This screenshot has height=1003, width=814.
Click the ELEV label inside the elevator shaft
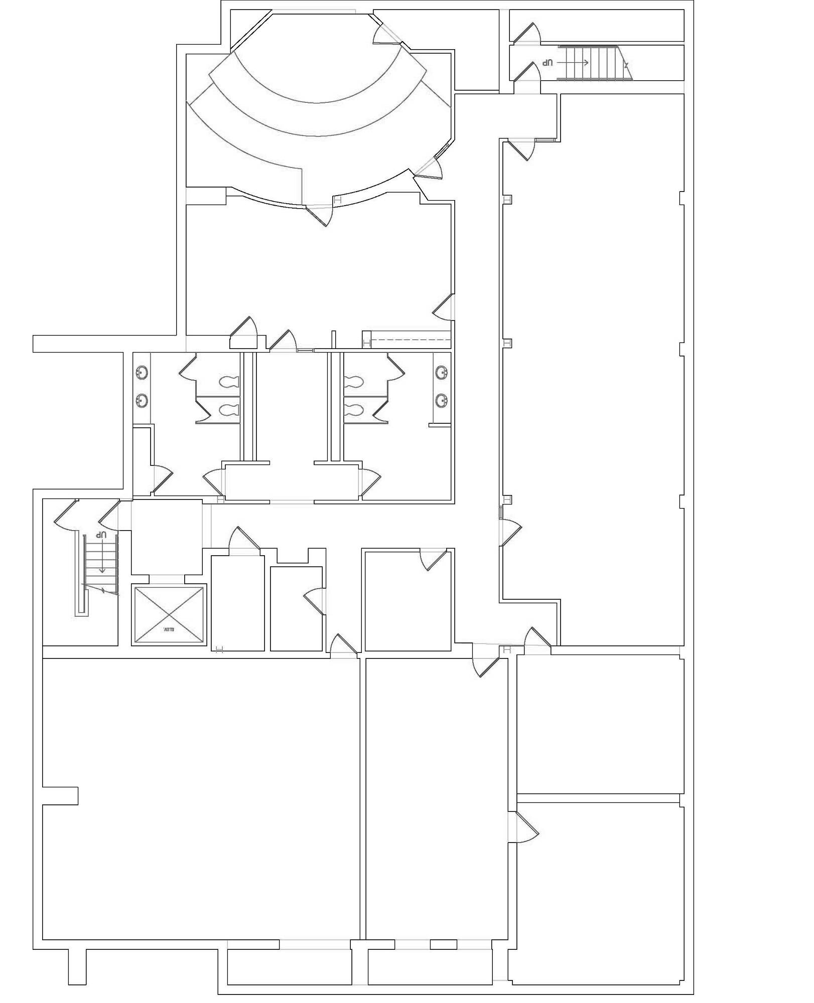(168, 629)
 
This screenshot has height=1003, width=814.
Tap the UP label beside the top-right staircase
(547, 63)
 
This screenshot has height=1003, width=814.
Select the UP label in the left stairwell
(102, 535)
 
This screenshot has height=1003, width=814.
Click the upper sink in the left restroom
(142, 373)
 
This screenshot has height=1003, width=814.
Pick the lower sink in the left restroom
(142, 400)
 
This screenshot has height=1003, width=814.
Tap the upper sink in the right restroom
(442, 373)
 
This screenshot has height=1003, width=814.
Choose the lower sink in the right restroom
(442, 400)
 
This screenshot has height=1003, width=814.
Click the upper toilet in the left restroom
(229, 382)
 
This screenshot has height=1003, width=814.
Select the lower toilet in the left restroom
(229, 410)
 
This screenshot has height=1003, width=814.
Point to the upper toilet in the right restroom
(354, 382)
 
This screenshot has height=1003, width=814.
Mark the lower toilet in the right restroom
(354, 410)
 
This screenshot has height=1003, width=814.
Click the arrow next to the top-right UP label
(573, 63)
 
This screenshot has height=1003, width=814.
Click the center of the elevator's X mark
(169, 614)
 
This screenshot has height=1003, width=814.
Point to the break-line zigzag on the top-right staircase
(626, 64)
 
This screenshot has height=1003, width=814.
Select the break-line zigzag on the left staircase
(102, 590)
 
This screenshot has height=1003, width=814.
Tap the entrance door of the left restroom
(214, 482)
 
